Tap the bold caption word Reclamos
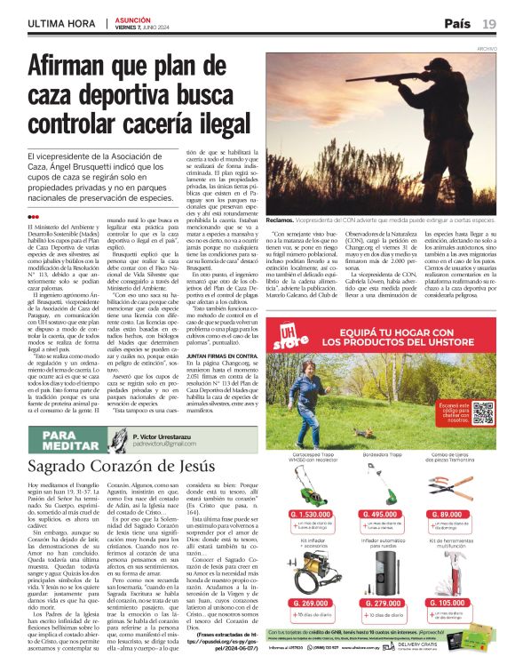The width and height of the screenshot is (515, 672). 281,219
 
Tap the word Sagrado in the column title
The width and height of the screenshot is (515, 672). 61,466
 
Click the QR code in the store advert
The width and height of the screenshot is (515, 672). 481,412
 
